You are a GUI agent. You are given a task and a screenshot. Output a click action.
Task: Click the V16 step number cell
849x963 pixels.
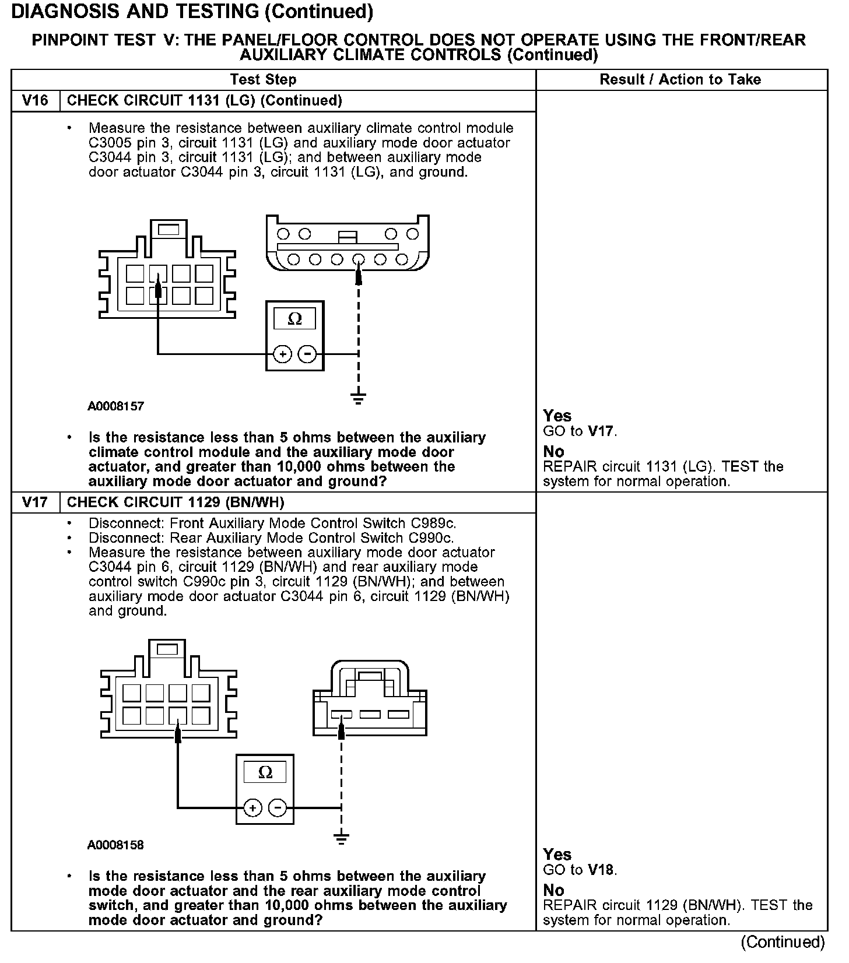35,100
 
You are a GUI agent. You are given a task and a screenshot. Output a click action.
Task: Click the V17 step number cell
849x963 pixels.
35,502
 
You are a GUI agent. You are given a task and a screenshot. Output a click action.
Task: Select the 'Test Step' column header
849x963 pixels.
263,79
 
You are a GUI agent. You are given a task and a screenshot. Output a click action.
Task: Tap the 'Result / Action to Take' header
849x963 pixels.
680,79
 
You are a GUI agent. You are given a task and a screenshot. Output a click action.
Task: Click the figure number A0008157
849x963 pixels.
115,406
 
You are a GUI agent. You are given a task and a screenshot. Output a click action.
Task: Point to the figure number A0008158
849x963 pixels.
115,845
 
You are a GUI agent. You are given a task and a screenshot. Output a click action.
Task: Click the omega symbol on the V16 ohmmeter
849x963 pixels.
295,319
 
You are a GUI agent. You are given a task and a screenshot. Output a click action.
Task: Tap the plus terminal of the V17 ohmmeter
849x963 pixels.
252,807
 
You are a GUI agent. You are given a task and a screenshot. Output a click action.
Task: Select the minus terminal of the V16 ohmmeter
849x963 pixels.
308,354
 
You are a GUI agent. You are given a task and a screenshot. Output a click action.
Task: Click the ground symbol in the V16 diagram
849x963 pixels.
358,399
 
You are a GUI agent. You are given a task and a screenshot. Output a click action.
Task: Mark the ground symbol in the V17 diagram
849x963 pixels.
342,839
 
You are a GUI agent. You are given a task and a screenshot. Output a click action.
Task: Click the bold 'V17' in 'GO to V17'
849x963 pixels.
601,431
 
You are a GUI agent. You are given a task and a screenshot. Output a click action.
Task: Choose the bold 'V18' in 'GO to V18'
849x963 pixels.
601,870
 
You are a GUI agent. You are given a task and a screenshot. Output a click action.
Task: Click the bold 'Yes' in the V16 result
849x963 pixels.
557,416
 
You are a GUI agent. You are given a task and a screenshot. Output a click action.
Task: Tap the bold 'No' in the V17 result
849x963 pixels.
553,890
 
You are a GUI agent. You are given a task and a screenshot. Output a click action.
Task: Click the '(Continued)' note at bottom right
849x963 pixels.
783,942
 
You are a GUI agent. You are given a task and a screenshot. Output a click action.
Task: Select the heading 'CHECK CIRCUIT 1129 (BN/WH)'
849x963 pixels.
176,502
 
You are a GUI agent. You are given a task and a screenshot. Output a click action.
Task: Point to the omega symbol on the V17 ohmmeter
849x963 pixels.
265,772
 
